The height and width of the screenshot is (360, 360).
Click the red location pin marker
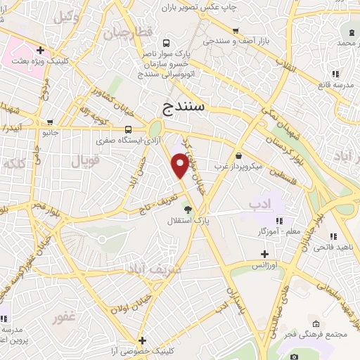click(x=180, y=165)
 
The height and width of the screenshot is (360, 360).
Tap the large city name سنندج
click(x=188, y=108)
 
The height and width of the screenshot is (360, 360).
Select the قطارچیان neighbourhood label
click(x=128, y=34)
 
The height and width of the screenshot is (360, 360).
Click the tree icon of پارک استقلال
click(x=187, y=209)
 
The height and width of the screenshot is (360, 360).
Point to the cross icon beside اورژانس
click(x=264, y=254)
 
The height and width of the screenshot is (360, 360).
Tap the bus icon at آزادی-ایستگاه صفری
click(x=128, y=129)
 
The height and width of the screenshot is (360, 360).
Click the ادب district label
click(x=259, y=204)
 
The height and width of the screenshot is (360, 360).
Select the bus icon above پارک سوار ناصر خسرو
click(x=166, y=42)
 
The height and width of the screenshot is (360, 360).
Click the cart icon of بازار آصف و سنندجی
click(x=236, y=30)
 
